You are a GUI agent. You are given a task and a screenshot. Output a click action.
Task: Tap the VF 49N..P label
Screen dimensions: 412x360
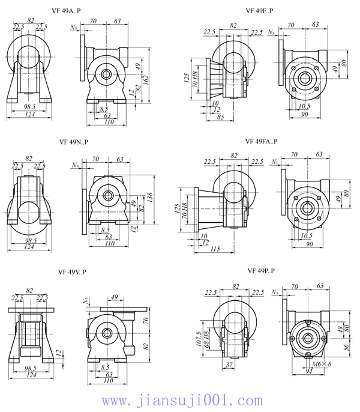coord(74,143)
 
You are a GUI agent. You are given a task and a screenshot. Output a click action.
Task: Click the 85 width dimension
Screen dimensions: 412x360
coord(220,118)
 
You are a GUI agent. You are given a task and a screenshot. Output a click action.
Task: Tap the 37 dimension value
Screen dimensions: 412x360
coord(229,365)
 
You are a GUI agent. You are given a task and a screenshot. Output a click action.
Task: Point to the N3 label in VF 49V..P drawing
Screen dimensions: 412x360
coord(87,299)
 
